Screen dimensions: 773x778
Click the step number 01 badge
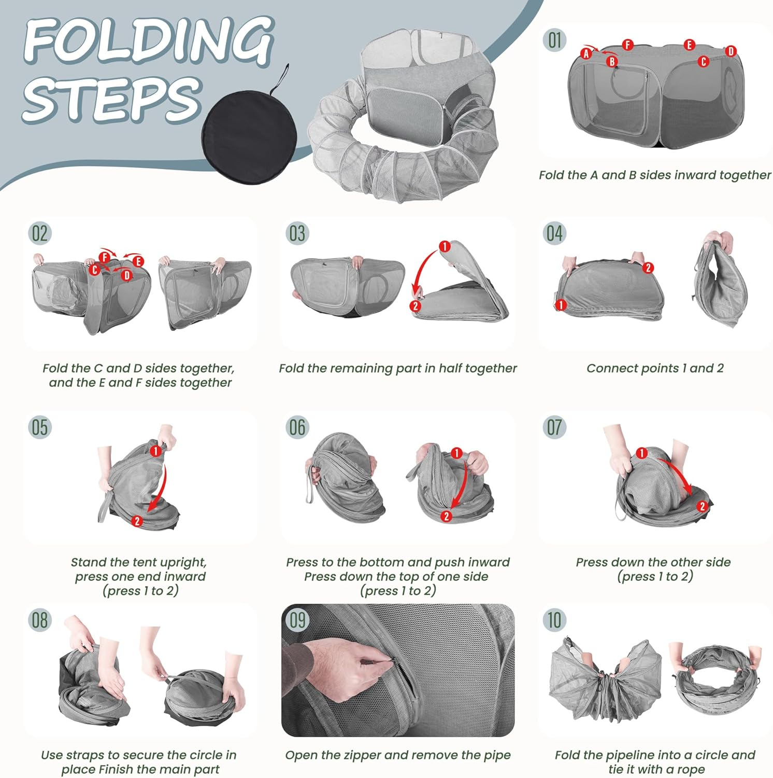point(554,40)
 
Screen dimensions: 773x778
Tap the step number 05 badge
point(40,427)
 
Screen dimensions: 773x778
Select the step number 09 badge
point(297,620)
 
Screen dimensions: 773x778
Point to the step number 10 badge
point(554,620)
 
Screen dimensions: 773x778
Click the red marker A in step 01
point(586,53)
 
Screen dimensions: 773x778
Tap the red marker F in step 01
point(628,45)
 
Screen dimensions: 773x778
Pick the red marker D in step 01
point(731,51)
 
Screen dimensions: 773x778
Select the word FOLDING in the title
point(149,40)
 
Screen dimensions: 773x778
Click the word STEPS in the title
point(111,99)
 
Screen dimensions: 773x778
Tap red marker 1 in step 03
point(444,246)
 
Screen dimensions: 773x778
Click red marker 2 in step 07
point(702,506)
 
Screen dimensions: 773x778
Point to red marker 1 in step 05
point(155,451)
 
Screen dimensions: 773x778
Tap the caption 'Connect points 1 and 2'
point(655,368)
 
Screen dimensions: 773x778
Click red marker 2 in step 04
point(648,268)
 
